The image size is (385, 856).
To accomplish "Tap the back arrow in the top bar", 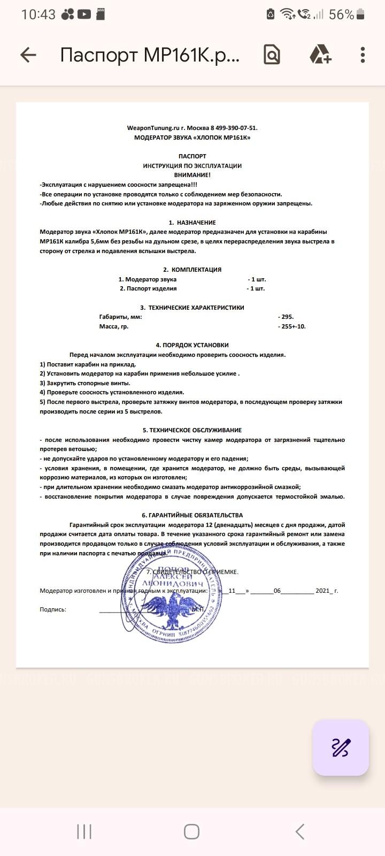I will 28,55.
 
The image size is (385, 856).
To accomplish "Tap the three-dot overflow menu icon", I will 363,55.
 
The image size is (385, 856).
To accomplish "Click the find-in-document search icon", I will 272,55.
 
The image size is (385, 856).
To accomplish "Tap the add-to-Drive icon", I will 320,55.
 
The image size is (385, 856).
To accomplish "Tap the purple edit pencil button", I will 341,747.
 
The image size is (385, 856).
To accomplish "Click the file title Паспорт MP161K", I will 150,55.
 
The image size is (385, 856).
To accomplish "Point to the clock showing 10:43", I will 38,14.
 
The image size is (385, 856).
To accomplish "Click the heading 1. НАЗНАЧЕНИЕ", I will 192,223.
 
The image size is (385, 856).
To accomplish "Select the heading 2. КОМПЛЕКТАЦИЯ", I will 192,270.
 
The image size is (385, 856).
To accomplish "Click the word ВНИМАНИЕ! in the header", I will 192,175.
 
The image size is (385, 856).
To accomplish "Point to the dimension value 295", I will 287,317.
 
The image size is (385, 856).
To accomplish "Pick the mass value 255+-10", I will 293,326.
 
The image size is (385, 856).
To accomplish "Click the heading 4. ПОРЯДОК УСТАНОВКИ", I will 192,345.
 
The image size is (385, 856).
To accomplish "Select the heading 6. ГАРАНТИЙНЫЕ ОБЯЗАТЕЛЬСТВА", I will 192,515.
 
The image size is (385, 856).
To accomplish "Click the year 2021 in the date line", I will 323,591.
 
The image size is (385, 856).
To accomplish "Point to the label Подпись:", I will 53,609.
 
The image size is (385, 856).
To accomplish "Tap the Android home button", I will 191,831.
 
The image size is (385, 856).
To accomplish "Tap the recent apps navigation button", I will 84,831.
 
